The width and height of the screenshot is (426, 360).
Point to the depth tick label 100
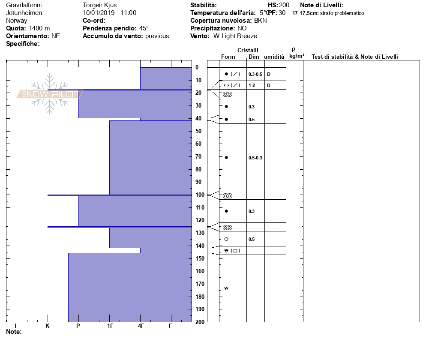point(200,195)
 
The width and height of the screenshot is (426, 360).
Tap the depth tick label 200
point(200,322)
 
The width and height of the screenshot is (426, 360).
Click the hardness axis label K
point(48,326)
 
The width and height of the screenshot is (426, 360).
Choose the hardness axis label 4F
point(141,326)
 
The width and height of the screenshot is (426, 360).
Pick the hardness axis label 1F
point(110,326)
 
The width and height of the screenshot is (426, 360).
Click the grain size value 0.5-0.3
point(255,158)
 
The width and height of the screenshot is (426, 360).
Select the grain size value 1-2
point(252,85)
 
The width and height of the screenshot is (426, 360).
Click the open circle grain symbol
point(226,239)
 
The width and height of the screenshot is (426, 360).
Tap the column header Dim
point(253,57)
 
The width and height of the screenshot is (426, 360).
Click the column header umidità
point(274,57)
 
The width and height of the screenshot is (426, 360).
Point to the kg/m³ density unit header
point(297,56)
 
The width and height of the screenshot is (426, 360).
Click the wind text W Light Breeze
point(235,36)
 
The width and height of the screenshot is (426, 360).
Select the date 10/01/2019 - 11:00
point(110,13)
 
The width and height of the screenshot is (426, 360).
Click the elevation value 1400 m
point(39,28)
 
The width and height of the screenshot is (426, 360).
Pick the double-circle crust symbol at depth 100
point(227,196)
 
